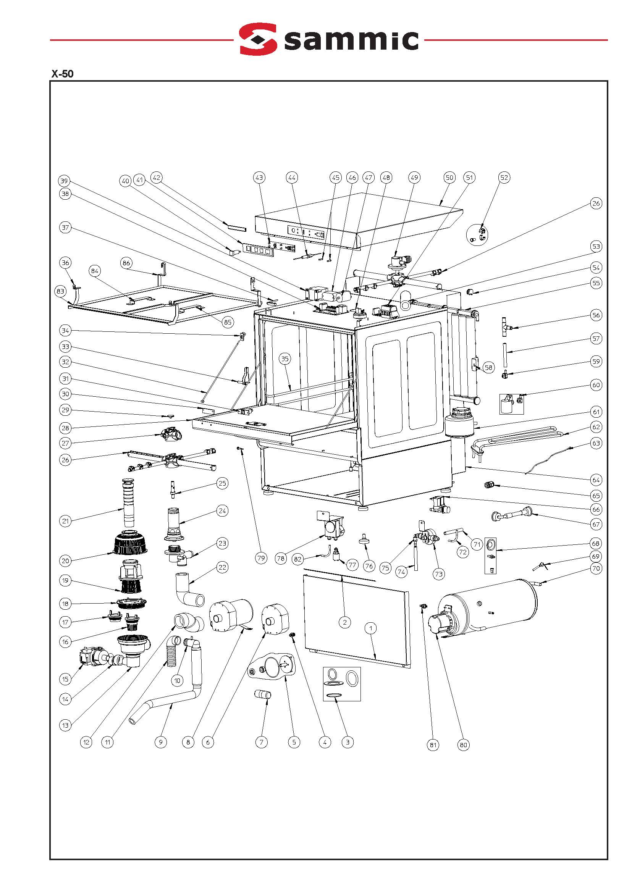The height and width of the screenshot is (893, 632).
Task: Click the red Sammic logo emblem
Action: tap(258, 39)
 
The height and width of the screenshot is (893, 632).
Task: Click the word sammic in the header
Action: tap(351, 40)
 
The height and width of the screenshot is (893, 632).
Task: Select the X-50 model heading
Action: tap(62, 74)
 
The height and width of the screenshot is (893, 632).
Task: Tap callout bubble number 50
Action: tap(449, 178)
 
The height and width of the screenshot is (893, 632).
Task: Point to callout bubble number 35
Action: tap(285, 359)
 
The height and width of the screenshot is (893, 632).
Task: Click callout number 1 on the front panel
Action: tap(371, 628)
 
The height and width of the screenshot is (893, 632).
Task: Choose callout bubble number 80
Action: tap(463, 745)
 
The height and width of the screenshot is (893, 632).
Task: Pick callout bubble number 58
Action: tap(488, 367)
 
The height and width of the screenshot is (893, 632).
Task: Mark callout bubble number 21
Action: tap(65, 521)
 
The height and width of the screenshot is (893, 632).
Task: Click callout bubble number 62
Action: tap(596, 427)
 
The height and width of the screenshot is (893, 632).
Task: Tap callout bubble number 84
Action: tap(95, 271)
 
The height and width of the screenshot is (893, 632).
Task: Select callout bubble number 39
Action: tap(64, 181)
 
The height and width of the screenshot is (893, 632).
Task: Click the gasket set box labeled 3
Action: tap(342, 684)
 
